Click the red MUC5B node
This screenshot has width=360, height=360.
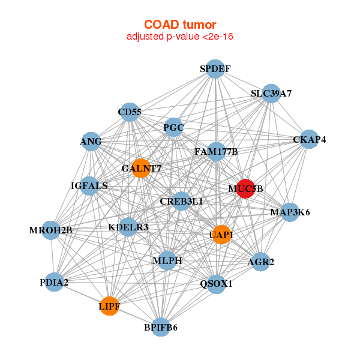pyautogui.click(x=245, y=188)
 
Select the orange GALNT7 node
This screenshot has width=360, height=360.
pyautogui.click(x=141, y=168)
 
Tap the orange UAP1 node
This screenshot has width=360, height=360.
pyautogui.click(x=221, y=235)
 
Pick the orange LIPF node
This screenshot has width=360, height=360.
pyautogui.click(x=109, y=306)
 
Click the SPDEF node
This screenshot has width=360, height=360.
pyautogui.click(x=215, y=69)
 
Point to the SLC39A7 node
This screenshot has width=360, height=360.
pyautogui.click(x=271, y=94)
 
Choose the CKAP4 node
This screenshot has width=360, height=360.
pyautogui.click(x=309, y=140)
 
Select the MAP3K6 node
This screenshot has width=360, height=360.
pyautogui.click(x=290, y=212)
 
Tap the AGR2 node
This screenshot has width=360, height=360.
pyautogui.click(x=260, y=262)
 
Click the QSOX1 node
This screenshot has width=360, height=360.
pyautogui.click(x=216, y=283)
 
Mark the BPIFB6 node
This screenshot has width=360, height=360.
pyautogui.click(x=160, y=327)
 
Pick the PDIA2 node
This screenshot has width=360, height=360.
pyautogui.click(x=54, y=281)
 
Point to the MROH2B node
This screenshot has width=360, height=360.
pyautogui.click(x=51, y=230)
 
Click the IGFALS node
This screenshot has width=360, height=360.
pyautogui.click(x=89, y=186)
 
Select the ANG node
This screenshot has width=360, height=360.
pyautogui.click(x=91, y=142)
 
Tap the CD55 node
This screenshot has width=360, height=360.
pyautogui.click(x=130, y=112)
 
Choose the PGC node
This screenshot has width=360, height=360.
pyautogui.click(x=173, y=127)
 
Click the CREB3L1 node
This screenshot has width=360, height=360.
pyautogui.click(x=181, y=202)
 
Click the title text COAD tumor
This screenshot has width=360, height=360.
pyautogui.click(x=179, y=25)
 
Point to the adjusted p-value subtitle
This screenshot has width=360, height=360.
pyautogui.click(x=179, y=37)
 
